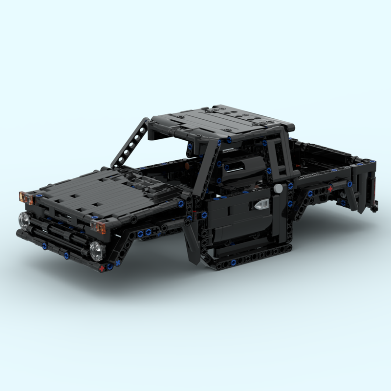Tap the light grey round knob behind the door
278,188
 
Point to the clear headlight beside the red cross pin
96,250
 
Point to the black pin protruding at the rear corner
374,208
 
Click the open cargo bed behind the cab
327,156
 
